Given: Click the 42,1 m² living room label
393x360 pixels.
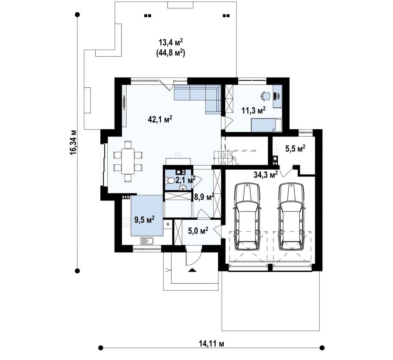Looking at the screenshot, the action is [x=160, y=119].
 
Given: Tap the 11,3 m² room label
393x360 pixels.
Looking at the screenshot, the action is [x=254, y=111].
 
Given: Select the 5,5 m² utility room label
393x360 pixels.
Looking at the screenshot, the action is [x=295, y=148].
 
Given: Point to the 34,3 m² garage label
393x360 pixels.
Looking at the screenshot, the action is [x=266, y=174].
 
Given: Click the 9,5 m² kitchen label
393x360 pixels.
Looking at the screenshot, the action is [x=144, y=219].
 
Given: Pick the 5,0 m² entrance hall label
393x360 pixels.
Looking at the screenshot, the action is [x=198, y=231].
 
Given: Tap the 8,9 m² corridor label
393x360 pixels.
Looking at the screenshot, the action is [x=204, y=197].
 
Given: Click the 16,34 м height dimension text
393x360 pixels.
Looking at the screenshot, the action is [x=73, y=142].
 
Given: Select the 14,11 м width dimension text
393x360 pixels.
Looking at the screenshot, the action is [x=211, y=343].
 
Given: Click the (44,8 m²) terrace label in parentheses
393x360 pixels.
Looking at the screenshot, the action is [x=171, y=53].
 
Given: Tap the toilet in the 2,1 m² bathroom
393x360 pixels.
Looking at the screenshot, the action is [x=169, y=180].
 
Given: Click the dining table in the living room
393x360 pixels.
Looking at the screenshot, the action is [x=128, y=162].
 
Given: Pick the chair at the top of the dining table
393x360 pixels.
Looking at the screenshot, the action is [x=128, y=145].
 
